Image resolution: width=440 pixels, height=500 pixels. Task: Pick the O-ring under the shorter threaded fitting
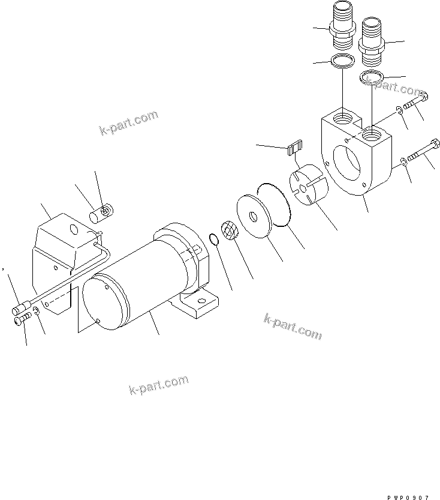coord(372,77)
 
